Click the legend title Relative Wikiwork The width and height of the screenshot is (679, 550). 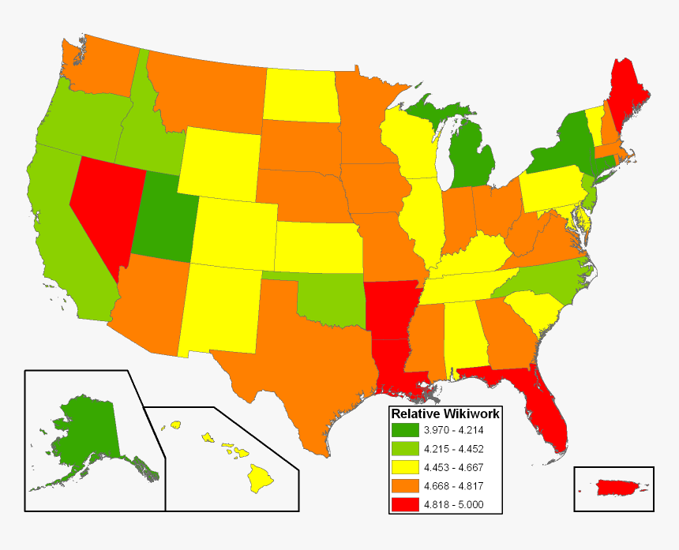[445, 413]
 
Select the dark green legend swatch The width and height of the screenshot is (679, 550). [407, 430]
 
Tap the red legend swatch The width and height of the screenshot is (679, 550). [407, 505]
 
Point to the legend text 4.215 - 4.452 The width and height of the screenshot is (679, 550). [453, 449]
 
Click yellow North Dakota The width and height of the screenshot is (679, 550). [300, 95]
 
